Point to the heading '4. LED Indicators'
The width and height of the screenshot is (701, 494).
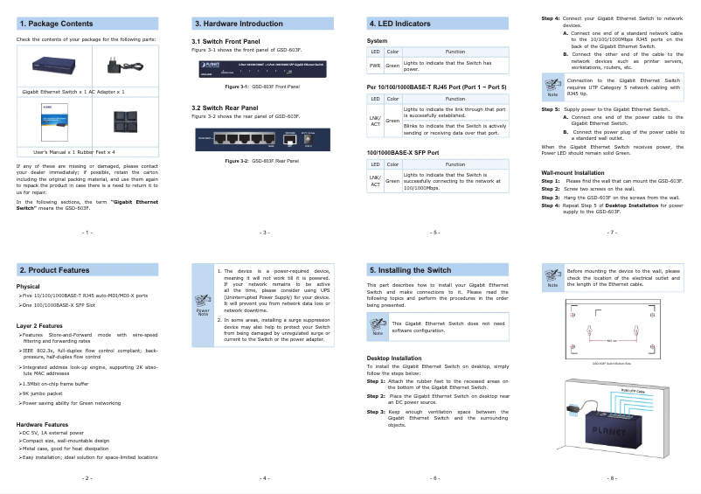pos(399,24)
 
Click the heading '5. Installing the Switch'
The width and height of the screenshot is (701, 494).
pos(410,270)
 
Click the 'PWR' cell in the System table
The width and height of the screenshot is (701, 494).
pos(374,66)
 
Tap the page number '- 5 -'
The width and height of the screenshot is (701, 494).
pos(435,233)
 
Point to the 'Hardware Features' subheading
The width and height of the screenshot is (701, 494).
pos(43,424)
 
